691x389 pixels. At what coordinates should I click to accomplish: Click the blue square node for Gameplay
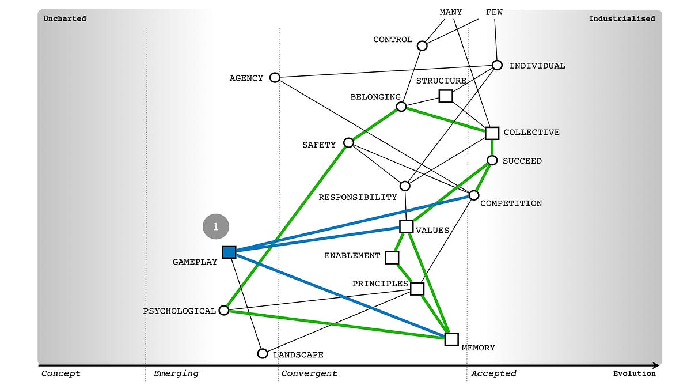(x=229, y=252)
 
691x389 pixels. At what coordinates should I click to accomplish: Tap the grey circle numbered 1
(x=216, y=226)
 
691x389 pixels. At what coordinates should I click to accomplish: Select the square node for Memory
(x=451, y=339)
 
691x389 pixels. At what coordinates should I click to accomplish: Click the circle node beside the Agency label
(x=275, y=77)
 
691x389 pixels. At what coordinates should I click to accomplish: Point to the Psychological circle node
(x=225, y=311)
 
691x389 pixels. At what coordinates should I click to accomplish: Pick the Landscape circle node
(x=263, y=353)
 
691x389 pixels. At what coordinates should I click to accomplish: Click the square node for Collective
(x=492, y=133)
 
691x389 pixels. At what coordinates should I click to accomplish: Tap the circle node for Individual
(x=497, y=65)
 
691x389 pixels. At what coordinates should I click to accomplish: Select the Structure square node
(x=445, y=96)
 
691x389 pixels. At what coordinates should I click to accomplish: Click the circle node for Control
(x=422, y=46)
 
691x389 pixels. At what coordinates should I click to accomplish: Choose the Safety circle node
(x=348, y=142)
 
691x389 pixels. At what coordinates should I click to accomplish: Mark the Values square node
(x=406, y=226)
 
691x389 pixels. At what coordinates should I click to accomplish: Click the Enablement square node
(x=392, y=257)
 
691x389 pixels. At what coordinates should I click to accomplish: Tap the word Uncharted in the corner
(x=65, y=18)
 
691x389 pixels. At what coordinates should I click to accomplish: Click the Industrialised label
(x=621, y=18)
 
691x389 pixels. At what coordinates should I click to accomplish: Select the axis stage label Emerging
(x=176, y=373)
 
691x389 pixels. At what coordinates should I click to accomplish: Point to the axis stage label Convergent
(x=309, y=373)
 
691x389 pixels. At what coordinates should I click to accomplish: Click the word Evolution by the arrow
(x=634, y=373)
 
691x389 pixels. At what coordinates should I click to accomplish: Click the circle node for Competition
(x=474, y=195)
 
